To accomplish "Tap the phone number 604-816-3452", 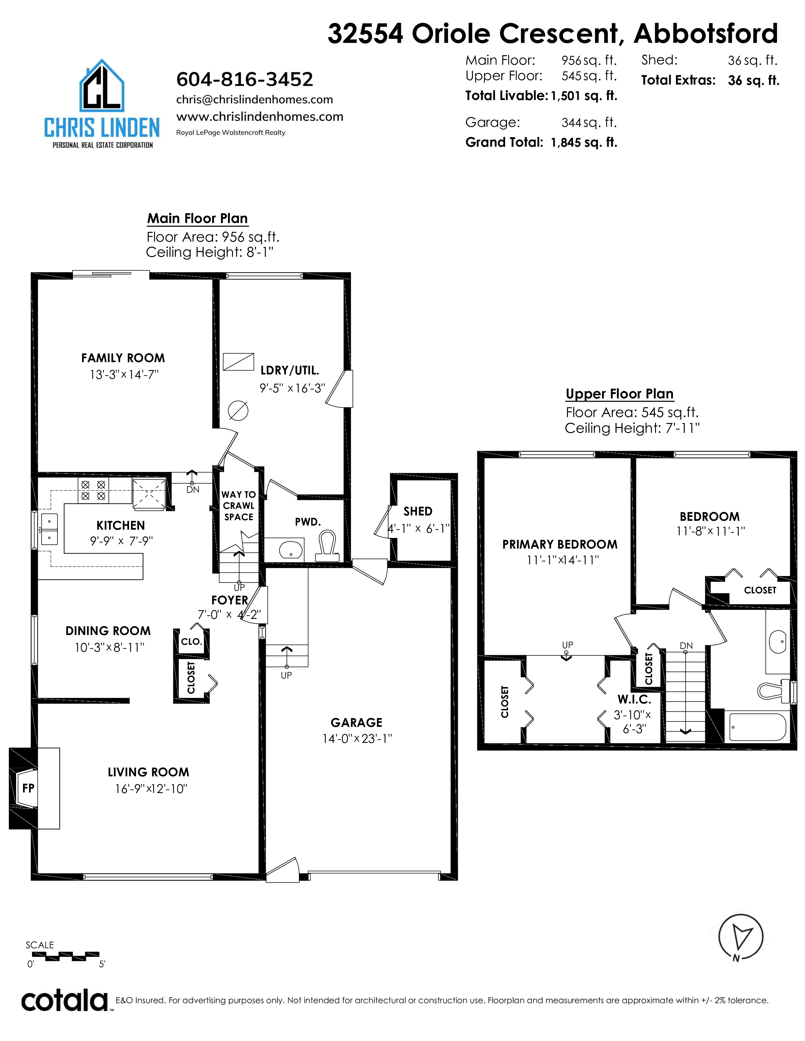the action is (x=245, y=79).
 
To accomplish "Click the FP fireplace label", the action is (x=28, y=788).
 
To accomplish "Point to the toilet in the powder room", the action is (x=328, y=547).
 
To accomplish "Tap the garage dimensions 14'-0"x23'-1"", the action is (x=357, y=739).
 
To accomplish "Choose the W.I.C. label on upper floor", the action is (x=634, y=700).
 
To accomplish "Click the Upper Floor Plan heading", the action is (x=619, y=394).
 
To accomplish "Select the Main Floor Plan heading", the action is (x=197, y=218).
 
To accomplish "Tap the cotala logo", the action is (x=64, y=1001).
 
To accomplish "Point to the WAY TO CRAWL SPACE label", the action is (x=238, y=506).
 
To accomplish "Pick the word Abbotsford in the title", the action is (x=706, y=33).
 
